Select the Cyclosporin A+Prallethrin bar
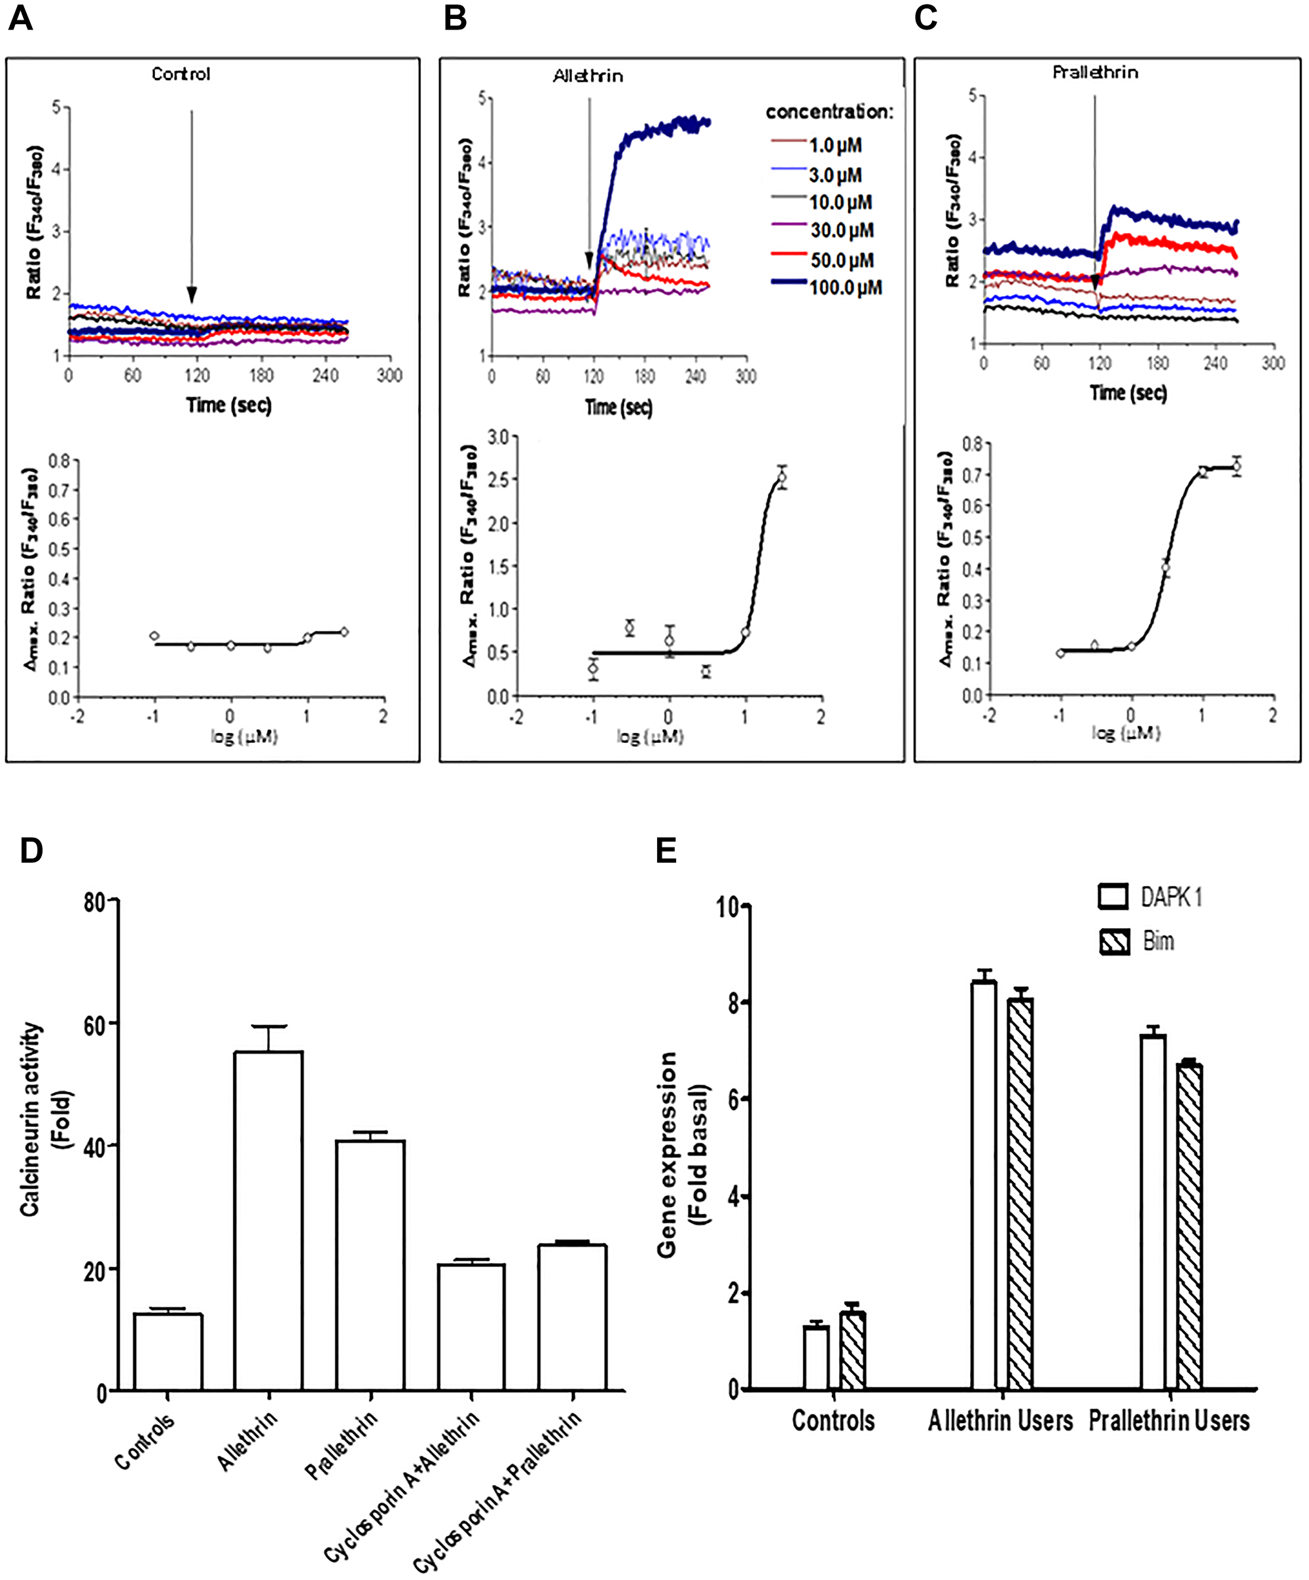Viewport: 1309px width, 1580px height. (x=572, y=1317)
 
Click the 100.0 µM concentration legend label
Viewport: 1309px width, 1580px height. (x=845, y=287)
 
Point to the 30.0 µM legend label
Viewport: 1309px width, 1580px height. (x=842, y=230)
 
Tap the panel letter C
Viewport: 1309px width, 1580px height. (x=925, y=18)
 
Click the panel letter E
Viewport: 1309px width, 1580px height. (x=666, y=850)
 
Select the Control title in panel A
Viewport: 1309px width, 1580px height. (x=181, y=74)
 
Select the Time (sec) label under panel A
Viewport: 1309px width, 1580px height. (x=228, y=404)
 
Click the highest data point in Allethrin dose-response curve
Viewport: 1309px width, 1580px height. (x=782, y=477)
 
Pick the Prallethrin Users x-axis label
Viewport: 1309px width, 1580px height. (x=1168, y=1420)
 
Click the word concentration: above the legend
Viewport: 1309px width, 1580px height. (x=829, y=112)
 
